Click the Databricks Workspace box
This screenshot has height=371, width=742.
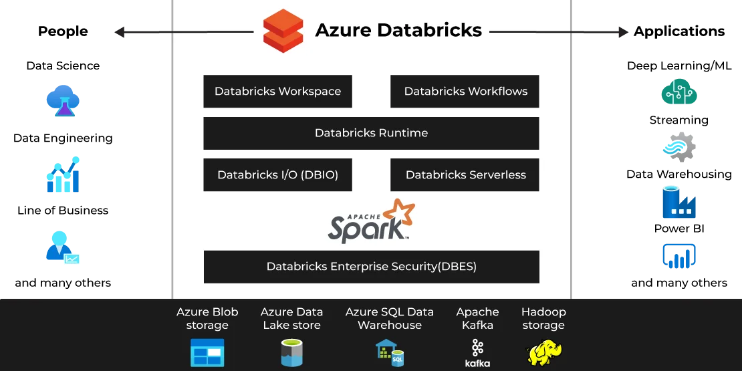click(x=277, y=92)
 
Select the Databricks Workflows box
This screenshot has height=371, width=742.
click(x=465, y=92)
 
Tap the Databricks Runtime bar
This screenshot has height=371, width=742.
click(x=371, y=133)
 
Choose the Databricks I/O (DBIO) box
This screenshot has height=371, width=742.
click(x=277, y=175)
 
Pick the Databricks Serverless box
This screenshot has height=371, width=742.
click(x=465, y=175)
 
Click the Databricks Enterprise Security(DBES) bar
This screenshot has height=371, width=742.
click(x=371, y=267)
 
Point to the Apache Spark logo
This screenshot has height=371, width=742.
click(x=371, y=221)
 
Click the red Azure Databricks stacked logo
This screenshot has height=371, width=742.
click(x=283, y=31)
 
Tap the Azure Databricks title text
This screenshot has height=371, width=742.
click(x=398, y=31)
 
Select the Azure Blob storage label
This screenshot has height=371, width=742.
click(x=207, y=319)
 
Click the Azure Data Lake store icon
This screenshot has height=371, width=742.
click(x=291, y=353)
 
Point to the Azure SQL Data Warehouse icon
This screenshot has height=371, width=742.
click(x=390, y=353)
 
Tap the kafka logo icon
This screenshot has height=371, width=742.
click(x=477, y=353)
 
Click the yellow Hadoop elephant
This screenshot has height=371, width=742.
click(x=544, y=353)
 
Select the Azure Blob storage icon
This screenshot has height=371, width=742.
click(x=207, y=353)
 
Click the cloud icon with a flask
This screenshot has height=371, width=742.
click(x=62, y=100)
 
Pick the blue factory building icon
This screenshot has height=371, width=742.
click(x=678, y=203)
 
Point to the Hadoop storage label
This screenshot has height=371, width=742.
click(x=543, y=319)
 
